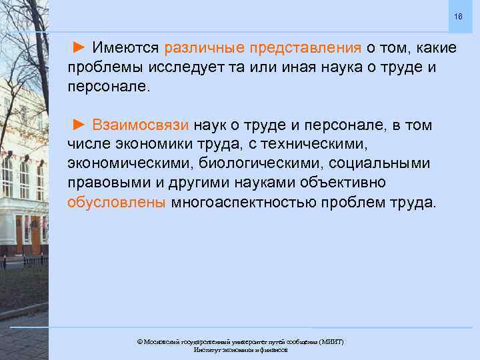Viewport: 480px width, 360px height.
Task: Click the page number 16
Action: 457,16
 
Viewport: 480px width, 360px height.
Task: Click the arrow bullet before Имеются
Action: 79,48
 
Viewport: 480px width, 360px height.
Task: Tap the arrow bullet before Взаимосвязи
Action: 79,125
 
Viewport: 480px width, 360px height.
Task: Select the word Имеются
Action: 125,48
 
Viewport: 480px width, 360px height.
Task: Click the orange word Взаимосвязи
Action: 141,125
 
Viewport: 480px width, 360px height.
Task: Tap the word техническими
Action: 321,144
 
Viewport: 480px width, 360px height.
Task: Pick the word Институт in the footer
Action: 208,349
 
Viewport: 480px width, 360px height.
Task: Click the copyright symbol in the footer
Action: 140,341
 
